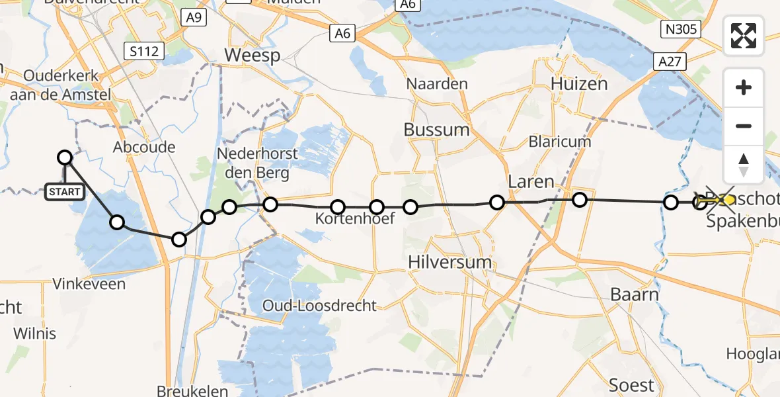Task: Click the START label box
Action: [65, 192]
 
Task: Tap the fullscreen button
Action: [744, 36]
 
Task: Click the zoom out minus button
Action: [744, 126]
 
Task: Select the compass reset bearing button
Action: [744, 163]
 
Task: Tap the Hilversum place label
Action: [451, 261]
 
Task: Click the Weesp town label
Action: [253, 56]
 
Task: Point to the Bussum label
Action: [436, 129]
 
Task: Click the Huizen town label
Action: [579, 84]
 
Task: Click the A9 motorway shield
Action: [193, 18]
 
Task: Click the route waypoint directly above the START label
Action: [65, 157]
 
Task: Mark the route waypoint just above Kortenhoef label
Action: [338, 207]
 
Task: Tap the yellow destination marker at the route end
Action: [728, 198]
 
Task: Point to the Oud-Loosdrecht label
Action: [319, 306]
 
